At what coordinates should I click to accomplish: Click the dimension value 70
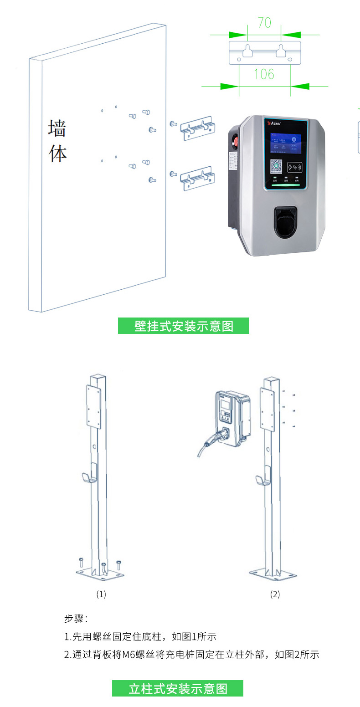264,23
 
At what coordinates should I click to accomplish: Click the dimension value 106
264,74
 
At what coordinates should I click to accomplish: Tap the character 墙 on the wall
57,128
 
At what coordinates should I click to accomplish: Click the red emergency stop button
235,141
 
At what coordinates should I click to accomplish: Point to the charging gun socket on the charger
285,222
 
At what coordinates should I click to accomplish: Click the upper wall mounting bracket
197,128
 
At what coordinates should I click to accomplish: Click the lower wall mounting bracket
197,178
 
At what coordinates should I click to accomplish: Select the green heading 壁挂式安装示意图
184,326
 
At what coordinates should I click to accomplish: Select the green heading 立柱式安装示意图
178,688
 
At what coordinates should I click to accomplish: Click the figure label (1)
101,594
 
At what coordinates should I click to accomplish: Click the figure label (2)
275,594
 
